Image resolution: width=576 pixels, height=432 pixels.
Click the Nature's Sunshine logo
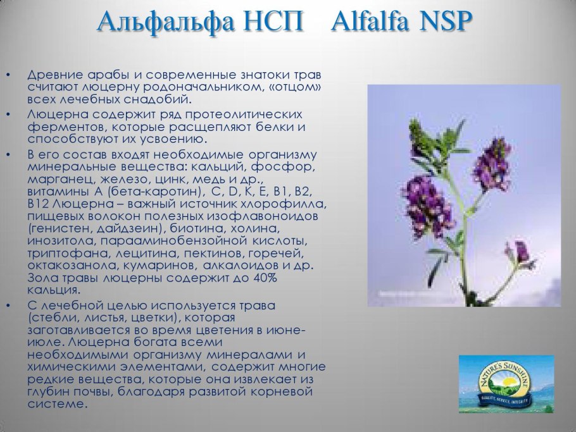tap(506, 384)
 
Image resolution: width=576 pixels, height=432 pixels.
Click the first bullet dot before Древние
tap(8, 75)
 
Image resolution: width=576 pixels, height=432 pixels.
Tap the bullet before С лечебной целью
tap(8, 305)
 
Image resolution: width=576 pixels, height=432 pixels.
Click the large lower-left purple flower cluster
tap(429, 204)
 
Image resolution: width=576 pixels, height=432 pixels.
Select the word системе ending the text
tap(56, 404)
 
